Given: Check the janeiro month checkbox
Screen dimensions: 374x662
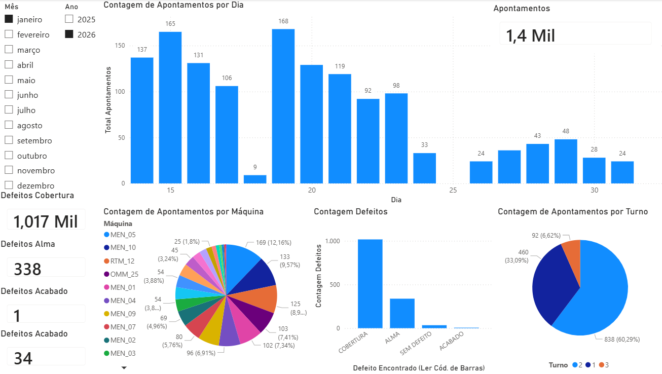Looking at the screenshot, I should (x=9, y=19).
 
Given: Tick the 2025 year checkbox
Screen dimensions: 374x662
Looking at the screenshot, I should (x=69, y=19).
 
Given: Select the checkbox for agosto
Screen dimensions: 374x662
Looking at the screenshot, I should (x=9, y=125).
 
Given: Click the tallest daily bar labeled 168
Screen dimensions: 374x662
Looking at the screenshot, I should (x=283, y=106).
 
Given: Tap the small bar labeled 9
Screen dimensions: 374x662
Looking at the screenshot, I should (x=255, y=179).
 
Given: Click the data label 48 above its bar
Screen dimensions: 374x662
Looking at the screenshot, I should (x=566, y=131).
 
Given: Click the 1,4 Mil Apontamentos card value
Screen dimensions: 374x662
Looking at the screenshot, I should (x=531, y=35).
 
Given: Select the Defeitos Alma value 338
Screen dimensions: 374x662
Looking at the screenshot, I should (x=27, y=269).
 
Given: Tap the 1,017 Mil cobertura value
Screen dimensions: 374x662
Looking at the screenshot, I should (x=46, y=221).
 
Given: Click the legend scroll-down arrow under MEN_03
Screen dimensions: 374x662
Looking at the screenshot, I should (x=124, y=368).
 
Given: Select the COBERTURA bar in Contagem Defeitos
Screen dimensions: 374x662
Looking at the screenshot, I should (x=370, y=284).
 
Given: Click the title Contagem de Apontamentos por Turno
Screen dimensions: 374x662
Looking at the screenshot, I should (x=573, y=212).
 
